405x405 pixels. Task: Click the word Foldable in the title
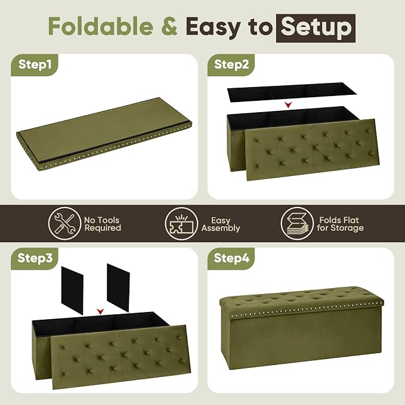(101, 26)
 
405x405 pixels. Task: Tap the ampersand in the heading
(169, 26)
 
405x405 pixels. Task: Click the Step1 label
(35, 64)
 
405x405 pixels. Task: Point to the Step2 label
(231, 64)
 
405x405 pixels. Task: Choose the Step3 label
(35, 258)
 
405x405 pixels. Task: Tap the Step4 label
(231, 258)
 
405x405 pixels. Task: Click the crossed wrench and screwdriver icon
(64, 224)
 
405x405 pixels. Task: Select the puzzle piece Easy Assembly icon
(181, 224)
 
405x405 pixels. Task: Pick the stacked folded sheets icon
(297, 224)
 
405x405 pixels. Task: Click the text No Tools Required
(103, 224)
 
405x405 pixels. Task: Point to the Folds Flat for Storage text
(340, 224)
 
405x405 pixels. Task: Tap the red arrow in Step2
(288, 105)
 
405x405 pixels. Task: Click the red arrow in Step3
(100, 311)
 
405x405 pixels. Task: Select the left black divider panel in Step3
(72, 290)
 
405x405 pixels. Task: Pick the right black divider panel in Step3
(118, 287)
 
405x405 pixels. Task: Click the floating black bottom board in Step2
(292, 92)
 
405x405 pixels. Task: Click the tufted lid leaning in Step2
(313, 149)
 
